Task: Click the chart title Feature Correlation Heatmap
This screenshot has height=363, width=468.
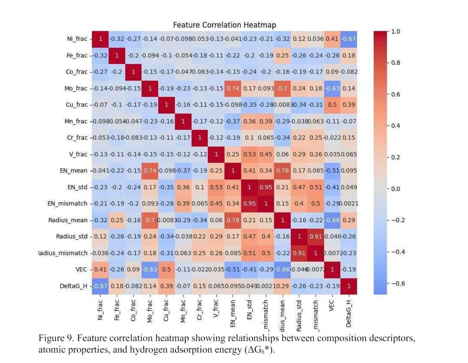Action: tap(224, 25)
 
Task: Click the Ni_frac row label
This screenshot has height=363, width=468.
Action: tap(77, 39)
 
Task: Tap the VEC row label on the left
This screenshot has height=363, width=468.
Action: tap(80, 270)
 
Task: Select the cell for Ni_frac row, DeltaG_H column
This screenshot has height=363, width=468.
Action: tap(349, 39)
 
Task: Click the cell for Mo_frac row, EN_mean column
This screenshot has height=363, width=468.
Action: tap(233, 88)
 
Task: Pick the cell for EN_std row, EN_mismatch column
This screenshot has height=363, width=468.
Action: tap(266, 187)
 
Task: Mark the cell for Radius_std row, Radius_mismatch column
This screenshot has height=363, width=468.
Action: tap(315, 236)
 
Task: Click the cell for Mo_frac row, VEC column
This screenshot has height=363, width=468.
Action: tap(332, 88)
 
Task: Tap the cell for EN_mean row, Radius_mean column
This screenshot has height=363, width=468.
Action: tap(282, 171)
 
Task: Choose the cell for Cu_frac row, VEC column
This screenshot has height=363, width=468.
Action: tap(332, 105)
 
